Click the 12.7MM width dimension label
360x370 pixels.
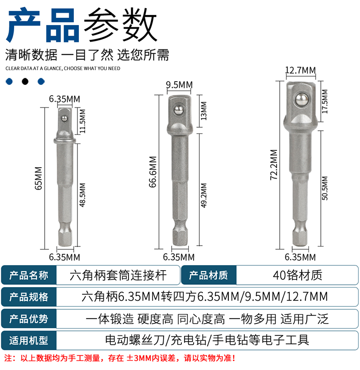(x=300, y=70)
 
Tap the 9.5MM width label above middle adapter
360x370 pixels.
(x=179, y=85)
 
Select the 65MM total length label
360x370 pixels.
(x=38, y=178)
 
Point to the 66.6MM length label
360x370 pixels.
(x=153, y=172)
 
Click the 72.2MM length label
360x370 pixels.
(x=274, y=164)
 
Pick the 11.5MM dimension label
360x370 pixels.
(x=82, y=121)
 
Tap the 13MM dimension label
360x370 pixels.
(x=204, y=111)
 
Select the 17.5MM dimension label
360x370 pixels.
(x=325, y=102)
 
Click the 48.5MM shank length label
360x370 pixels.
(x=82, y=195)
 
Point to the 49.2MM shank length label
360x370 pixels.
(x=204, y=195)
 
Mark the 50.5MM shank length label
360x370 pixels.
(x=325, y=188)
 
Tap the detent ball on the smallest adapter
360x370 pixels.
(x=64, y=118)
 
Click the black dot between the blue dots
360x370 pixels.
(x=25, y=82)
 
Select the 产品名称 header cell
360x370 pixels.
(x=29, y=275)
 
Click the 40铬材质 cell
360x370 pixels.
(x=297, y=275)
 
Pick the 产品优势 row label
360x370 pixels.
(x=29, y=319)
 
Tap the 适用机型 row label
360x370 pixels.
(x=29, y=340)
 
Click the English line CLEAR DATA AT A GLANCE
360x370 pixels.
(x=63, y=68)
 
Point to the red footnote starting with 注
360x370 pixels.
(x=120, y=358)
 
